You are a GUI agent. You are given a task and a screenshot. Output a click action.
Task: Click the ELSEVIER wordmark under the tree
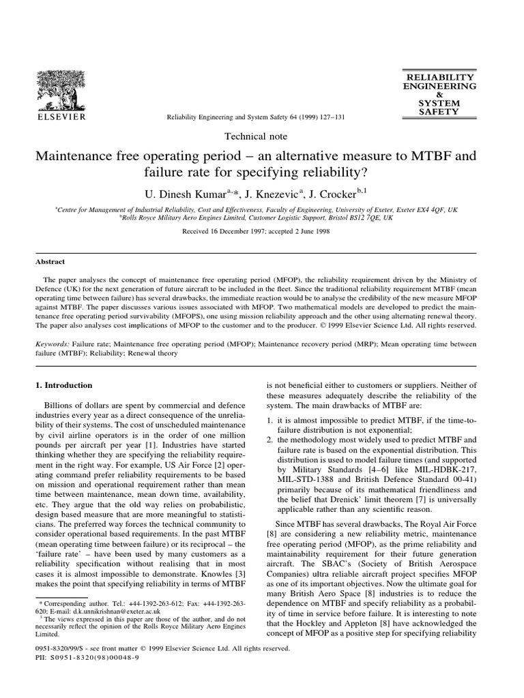[x=61, y=117]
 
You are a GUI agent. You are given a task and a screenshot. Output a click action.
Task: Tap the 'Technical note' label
[x=262, y=136]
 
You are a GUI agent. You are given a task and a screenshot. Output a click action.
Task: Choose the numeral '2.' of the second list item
[x=271, y=440]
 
